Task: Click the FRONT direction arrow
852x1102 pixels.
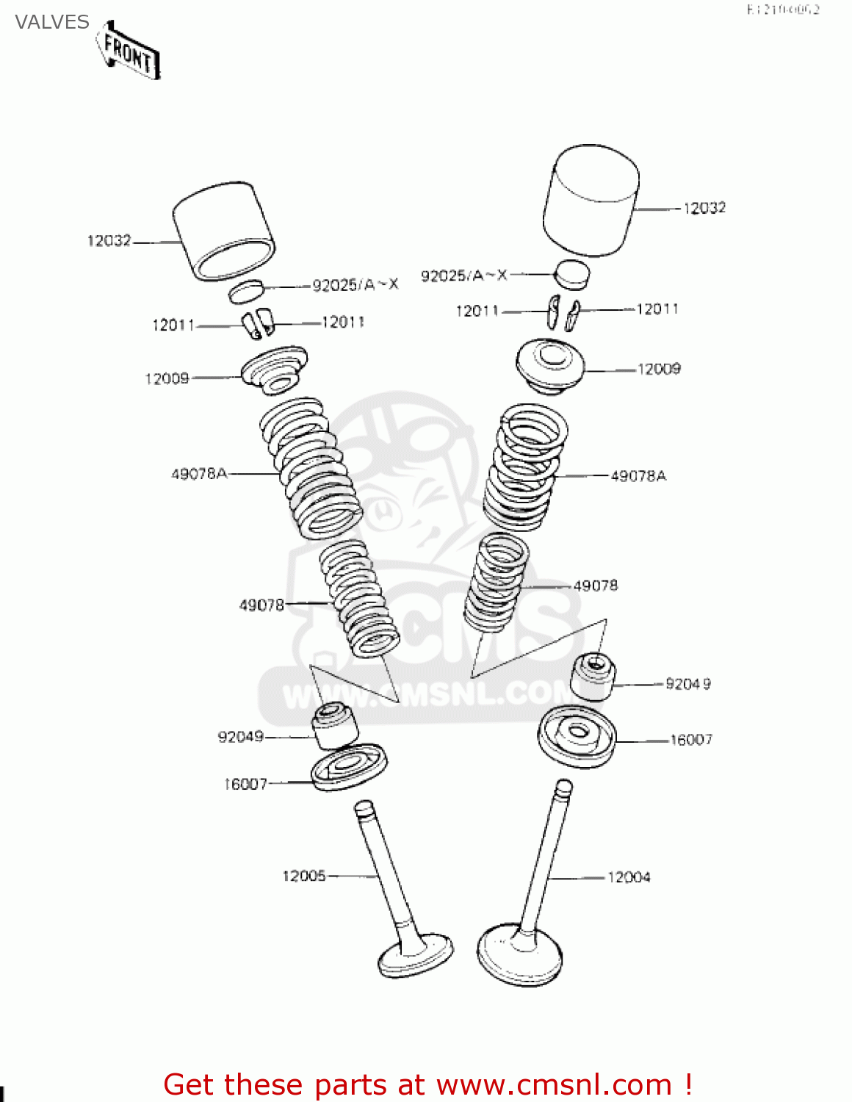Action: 129,51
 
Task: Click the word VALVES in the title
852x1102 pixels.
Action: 51,22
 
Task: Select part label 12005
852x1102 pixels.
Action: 303,876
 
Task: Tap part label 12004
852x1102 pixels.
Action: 629,877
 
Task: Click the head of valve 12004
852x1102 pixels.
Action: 520,955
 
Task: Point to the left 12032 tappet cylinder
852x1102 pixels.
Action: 223,231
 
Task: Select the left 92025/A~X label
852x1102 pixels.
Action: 355,285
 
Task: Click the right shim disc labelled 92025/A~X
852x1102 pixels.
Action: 571,273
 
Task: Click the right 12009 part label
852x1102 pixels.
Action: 659,369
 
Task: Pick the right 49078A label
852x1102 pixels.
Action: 638,476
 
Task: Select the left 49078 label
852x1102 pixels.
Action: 261,605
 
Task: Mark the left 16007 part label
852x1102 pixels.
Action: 245,784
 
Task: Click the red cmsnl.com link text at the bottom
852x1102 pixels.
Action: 555,1084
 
